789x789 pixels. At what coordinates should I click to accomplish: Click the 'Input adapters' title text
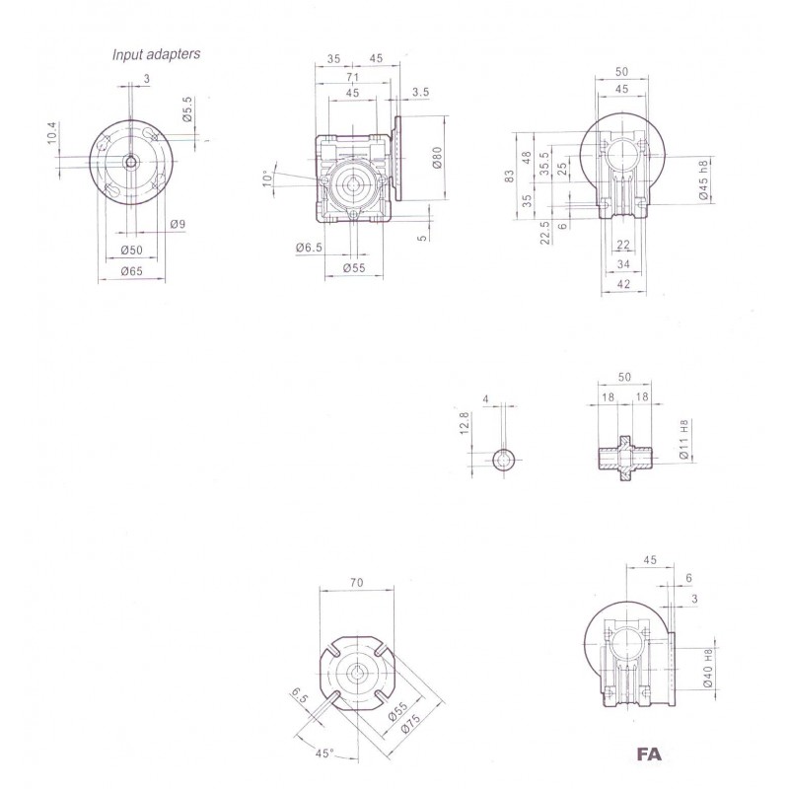coord(156,54)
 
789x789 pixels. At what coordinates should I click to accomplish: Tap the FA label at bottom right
coord(649,753)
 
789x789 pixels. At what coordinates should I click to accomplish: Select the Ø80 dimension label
coord(436,158)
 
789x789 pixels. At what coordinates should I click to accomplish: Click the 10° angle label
coord(268,178)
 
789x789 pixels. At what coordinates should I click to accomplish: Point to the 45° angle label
coord(324,753)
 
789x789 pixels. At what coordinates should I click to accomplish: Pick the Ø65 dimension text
coord(132,271)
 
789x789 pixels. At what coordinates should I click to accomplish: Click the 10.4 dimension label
coord(53,133)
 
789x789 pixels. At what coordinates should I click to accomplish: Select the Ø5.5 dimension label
coord(187,108)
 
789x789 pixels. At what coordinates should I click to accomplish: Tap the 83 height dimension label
coord(510,177)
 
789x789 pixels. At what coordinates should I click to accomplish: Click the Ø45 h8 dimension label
coord(703,179)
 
